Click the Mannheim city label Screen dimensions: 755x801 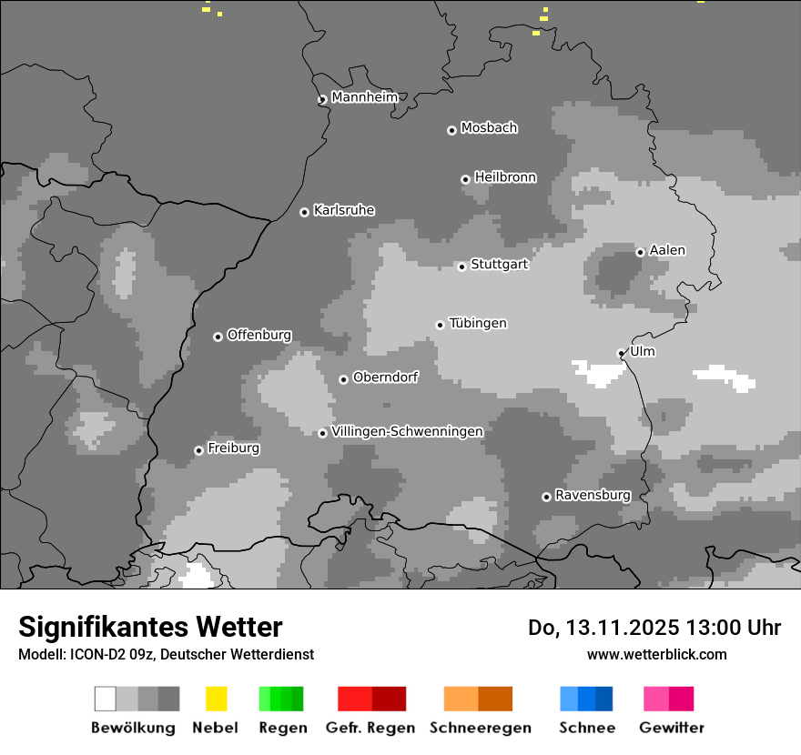(x=365, y=97)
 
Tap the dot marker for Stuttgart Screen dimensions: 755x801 (x=461, y=267)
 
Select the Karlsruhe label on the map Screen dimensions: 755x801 (x=344, y=210)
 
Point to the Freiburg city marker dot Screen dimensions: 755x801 (x=198, y=450)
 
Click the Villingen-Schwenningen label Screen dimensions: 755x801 (x=407, y=431)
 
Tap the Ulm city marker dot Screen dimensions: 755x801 (x=621, y=353)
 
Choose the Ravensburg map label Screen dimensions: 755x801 (x=593, y=496)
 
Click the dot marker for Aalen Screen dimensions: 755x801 (x=640, y=252)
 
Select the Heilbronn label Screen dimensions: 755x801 (x=505, y=177)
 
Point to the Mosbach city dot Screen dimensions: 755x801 (x=451, y=130)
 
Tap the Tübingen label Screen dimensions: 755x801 (x=478, y=323)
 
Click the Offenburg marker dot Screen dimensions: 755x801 (x=218, y=337)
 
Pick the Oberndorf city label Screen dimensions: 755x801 (x=385, y=377)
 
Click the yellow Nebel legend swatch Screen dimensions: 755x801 (x=216, y=699)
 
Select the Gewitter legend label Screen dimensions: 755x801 (x=672, y=728)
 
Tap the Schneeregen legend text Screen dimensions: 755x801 (x=481, y=728)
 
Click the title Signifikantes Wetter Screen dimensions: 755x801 (x=150, y=627)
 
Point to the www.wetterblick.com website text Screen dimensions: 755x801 (x=656, y=654)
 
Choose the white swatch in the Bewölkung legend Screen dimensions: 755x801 (x=105, y=699)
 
